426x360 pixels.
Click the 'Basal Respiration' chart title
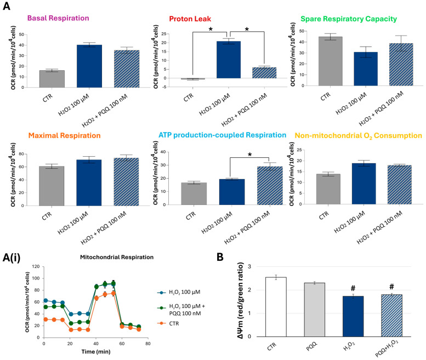[58, 18]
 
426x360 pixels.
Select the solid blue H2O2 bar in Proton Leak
[229, 60]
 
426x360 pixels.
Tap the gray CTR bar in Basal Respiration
[52, 79]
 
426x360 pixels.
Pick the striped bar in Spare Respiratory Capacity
[401, 64]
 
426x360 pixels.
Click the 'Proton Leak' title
[190, 19]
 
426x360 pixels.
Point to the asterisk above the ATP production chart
[249, 155]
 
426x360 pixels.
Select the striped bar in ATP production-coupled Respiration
[270, 185]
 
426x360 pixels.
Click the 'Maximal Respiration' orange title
[64, 135]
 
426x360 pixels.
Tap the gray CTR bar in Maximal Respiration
[52, 186]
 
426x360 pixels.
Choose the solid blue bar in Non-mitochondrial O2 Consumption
[364, 184]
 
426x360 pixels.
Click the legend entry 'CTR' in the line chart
[174, 323]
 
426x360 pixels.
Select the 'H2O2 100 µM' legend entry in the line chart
[184, 292]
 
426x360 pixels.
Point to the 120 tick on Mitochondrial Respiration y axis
[36, 267]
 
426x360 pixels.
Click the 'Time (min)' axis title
[96, 352]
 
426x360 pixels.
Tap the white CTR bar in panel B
[276, 307]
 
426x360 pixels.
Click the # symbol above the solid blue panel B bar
[353, 288]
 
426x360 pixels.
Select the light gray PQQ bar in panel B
[314, 310]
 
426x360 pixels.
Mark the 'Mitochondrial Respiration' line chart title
[117, 257]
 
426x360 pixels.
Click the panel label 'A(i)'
[12, 258]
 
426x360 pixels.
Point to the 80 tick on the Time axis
[148, 344]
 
